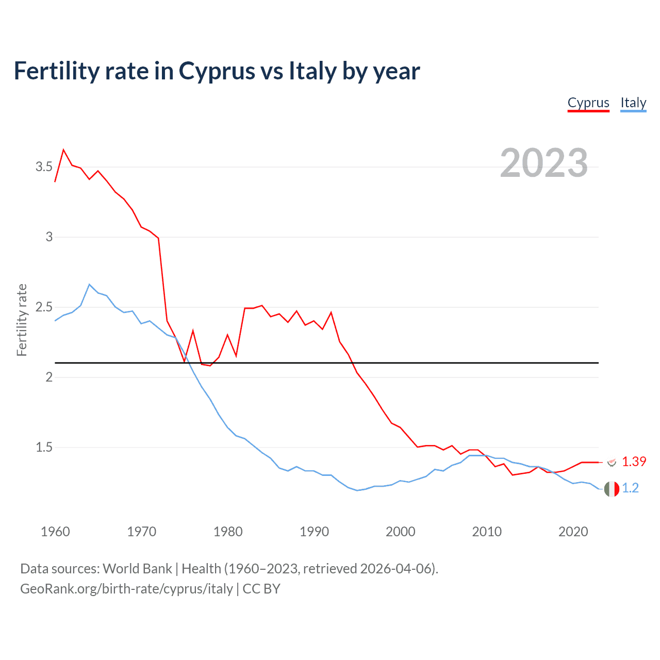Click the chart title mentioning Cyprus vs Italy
(217, 71)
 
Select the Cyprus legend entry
(588, 103)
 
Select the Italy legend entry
(633, 103)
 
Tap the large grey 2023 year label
(543, 163)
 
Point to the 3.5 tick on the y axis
(44, 167)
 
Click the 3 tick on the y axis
(49, 237)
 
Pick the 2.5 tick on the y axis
(44, 307)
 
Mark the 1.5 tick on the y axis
(44, 447)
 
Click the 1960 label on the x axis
(55, 532)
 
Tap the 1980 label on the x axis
(228, 532)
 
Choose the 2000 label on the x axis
(400, 532)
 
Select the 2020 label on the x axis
(573, 532)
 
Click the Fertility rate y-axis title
(22, 320)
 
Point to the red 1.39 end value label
(634, 461)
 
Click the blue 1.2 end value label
(630, 488)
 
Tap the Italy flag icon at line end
(612, 488)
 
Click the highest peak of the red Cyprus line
(63, 150)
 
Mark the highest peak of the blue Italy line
(89, 284)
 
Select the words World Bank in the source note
(137, 568)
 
